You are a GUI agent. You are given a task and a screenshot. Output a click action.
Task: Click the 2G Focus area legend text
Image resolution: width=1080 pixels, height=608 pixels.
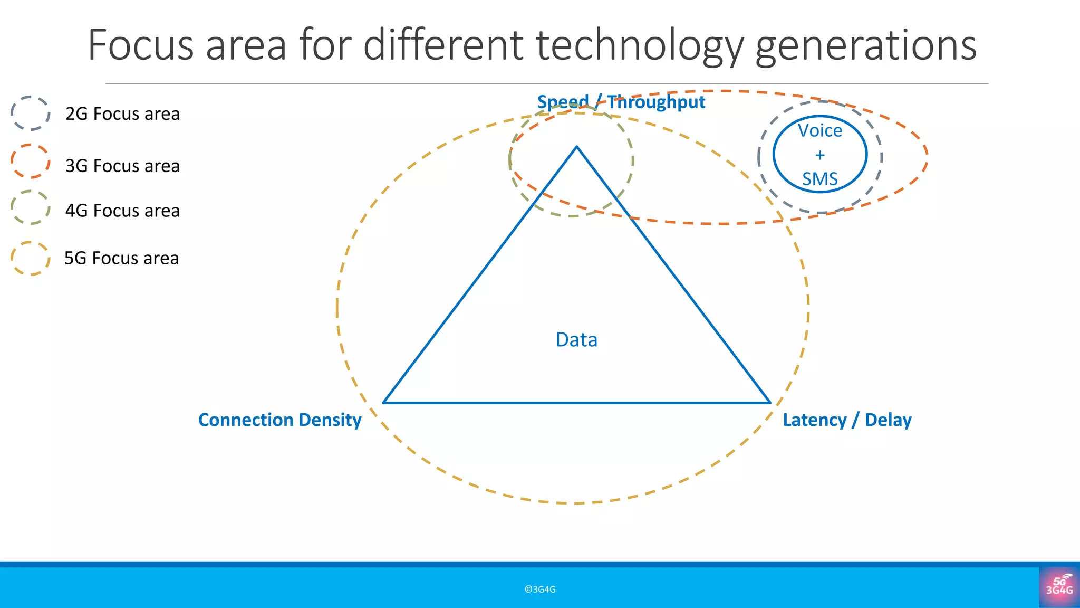click(x=122, y=114)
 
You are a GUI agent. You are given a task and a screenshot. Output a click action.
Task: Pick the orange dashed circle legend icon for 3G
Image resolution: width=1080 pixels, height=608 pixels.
click(x=31, y=161)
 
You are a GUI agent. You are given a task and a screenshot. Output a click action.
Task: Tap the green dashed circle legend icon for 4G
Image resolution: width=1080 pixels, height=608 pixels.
click(x=31, y=207)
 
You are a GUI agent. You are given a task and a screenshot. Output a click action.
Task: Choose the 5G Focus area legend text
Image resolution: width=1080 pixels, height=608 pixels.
click(x=121, y=258)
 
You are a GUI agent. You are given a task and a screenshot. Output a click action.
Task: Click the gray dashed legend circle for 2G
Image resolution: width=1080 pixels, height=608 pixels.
click(x=31, y=113)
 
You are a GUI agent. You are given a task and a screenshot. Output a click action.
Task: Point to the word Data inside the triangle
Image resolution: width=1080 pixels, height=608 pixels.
click(x=576, y=340)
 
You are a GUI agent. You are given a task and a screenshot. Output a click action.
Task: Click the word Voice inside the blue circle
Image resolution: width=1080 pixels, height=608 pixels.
click(x=819, y=130)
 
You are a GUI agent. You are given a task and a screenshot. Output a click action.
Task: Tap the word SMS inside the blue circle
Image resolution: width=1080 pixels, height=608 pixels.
click(x=819, y=179)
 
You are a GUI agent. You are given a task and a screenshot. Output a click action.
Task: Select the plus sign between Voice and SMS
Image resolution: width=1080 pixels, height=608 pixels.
click(x=819, y=155)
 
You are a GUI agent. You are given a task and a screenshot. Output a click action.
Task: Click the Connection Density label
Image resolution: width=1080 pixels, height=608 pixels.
click(x=279, y=420)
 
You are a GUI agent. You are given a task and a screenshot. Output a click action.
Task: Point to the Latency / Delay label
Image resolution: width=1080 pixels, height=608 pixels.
click(x=847, y=420)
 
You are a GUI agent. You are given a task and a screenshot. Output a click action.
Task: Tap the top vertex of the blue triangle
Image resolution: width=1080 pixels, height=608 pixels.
click(x=577, y=147)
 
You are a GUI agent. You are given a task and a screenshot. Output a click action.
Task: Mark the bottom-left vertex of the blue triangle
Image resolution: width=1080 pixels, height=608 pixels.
click(x=384, y=403)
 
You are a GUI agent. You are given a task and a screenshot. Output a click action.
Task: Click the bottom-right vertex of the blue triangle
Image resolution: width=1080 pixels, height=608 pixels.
click(x=770, y=403)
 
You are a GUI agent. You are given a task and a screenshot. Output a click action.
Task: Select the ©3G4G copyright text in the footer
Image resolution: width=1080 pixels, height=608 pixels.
click(x=540, y=590)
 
